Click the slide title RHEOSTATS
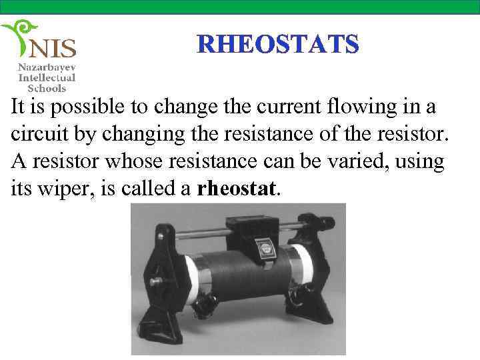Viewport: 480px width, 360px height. tap(278, 44)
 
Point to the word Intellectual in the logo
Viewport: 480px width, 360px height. tap(47, 77)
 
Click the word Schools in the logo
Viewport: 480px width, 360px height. tap(47, 87)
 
